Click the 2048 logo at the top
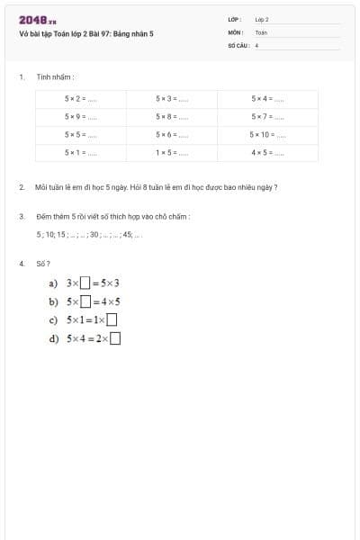(37, 19)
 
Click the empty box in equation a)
(85, 283)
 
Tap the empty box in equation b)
(85, 301)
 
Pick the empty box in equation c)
(112, 319)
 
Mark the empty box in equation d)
(115, 338)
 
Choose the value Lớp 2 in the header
(262, 19)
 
